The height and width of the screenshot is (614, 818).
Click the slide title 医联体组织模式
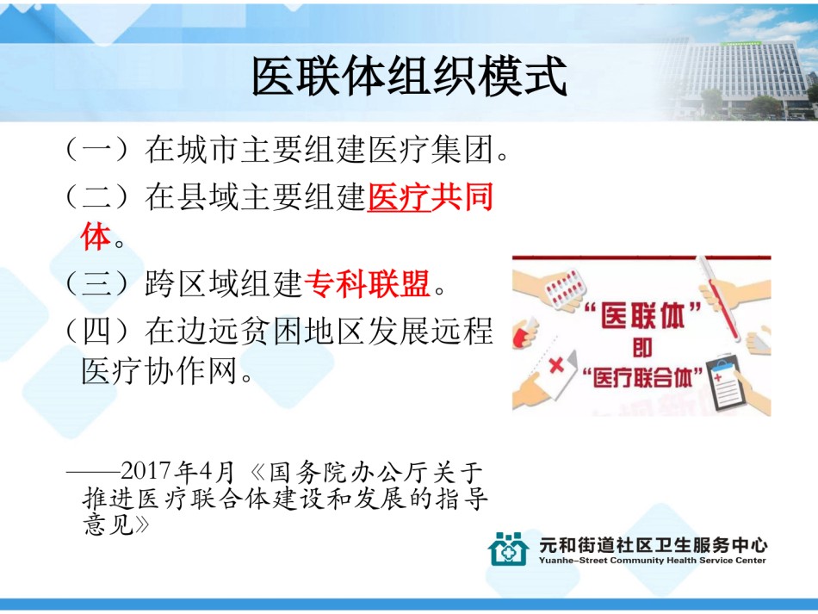[x=410, y=76]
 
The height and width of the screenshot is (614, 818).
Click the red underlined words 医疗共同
[x=431, y=196]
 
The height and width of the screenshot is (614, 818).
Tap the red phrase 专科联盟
[x=367, y=283]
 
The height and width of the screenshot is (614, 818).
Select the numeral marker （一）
[x=97, y=149]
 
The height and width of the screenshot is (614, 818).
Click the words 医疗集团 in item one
[x=431, y=149]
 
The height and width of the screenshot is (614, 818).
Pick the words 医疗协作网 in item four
[x=159, y=371]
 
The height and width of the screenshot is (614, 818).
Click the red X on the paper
[x=556, y=364]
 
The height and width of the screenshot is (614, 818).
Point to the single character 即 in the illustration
[x=642, y=348]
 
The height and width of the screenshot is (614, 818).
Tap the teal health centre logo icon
[x=508, y=549]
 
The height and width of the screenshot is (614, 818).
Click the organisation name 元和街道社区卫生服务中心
[x=654, y=544]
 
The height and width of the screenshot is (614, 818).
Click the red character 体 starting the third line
[x=96, y=237]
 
